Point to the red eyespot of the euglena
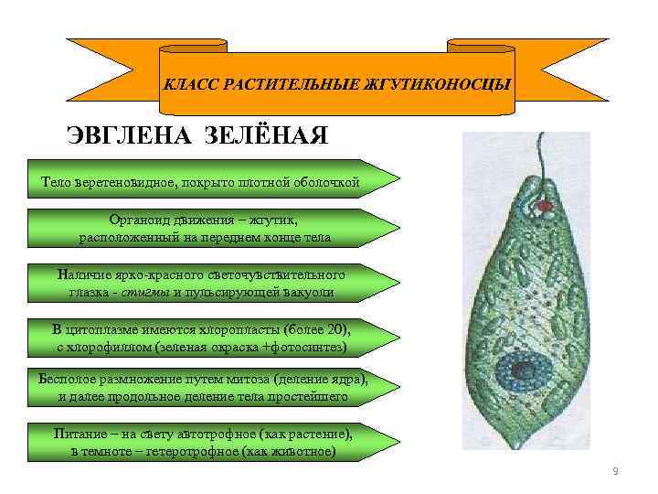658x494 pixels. coord(546,207)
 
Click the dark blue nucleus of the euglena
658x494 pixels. coord(524,370)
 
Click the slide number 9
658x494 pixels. coord(615,470)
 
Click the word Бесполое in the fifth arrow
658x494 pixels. coord(69,379)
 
